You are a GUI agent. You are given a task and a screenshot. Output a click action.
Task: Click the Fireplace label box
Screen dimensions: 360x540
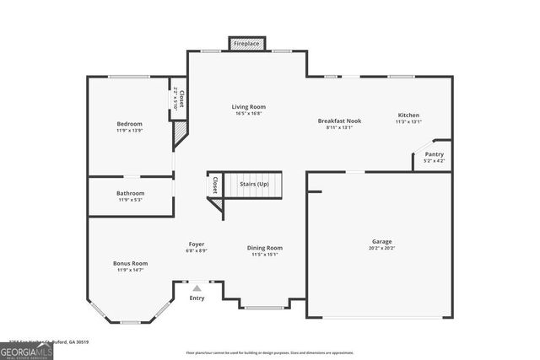click(x=247, y=42)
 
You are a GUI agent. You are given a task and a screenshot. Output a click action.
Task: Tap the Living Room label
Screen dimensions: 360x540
click(x=249, y=107)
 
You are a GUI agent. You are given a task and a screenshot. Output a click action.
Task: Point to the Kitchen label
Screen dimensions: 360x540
click(x=408, y=116)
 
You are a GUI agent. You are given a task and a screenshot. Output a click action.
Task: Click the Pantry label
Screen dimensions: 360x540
click(x=434, y=154)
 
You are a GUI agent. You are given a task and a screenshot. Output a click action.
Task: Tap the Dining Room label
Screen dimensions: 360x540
click(x=264, y=248)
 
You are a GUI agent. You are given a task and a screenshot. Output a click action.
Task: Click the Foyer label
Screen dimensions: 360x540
click(x=197, y=244)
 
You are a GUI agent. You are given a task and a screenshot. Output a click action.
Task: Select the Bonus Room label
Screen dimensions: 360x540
click(x=130, y=263)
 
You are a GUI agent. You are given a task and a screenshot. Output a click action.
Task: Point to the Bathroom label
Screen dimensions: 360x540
click(x=130, y=193)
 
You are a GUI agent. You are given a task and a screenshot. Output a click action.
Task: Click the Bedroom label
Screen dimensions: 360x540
click(x=129, y=124)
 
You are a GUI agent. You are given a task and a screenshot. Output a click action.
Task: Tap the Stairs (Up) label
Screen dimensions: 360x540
click(x=254, y=183)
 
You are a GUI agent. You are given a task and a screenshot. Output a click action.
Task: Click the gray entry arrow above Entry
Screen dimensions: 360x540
click(x=197, y=288)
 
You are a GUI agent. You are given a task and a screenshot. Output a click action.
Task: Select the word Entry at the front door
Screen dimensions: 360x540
click(x=197, y=298)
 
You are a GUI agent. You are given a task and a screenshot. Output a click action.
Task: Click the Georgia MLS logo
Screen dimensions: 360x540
click(x=26, y=349)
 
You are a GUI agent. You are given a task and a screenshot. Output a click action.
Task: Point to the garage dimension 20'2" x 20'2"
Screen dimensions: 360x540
click(x=382, y=248)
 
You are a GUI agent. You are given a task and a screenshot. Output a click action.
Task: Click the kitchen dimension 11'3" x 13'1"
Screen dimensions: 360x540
click(x=408, y=122)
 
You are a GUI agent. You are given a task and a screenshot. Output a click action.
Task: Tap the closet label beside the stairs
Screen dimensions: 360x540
click(x=215, y=185)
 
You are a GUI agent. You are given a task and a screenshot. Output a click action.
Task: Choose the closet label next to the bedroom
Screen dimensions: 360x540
click(x=181, y=99)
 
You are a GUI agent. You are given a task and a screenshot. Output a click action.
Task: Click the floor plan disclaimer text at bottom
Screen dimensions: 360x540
click(x=270, y=353)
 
